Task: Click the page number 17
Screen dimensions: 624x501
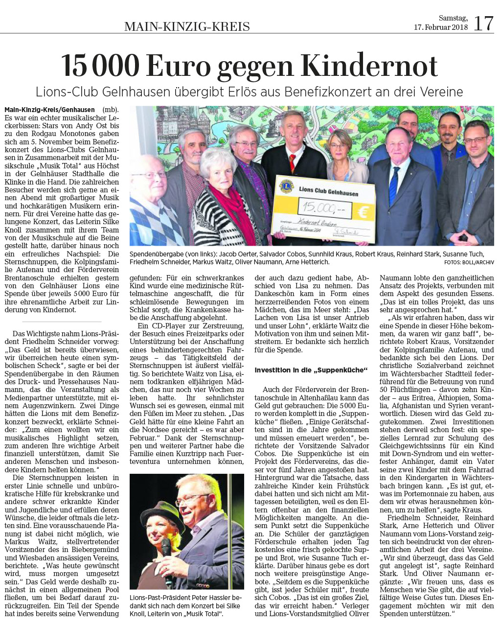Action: [x=483, y=23]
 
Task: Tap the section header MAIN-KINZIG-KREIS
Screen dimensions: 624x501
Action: [x=187, y=26]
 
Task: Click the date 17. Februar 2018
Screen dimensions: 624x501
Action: [x=441, y=27]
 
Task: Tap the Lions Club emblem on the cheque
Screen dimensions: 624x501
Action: [x=285, y=186]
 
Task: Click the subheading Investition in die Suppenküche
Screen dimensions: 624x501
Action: [x=311, y=370]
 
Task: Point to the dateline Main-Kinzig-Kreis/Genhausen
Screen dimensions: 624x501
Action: [x=50, y=109]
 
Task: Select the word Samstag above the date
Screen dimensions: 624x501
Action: [x=453, y=18]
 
